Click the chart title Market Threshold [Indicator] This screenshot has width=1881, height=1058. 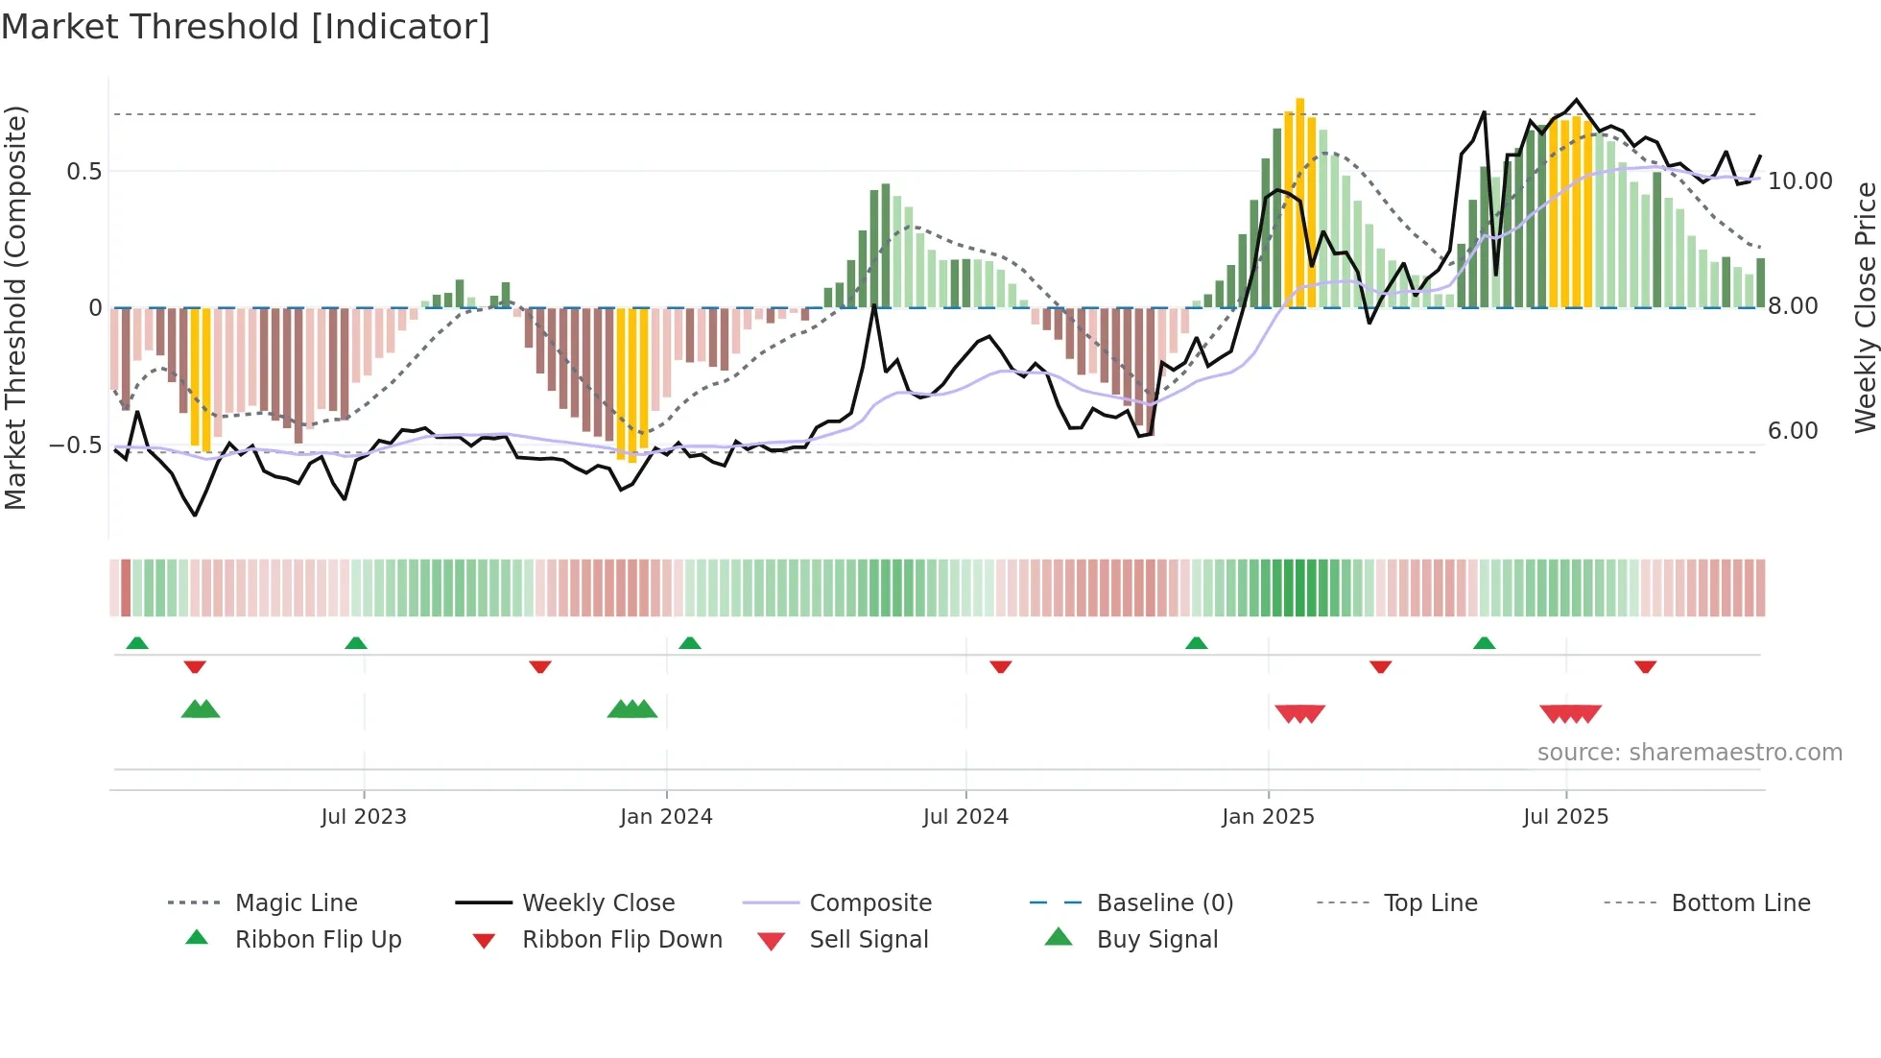246,27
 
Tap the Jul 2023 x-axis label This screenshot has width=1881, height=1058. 364,817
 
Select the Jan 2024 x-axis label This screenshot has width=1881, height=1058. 666,817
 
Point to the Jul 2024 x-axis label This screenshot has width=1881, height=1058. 965,817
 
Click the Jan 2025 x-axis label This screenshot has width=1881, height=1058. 1268,817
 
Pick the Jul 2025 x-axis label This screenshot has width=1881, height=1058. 1565,817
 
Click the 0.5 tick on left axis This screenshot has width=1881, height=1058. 83,172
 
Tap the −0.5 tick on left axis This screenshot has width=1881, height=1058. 76,445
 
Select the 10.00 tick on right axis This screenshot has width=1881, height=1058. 1799,181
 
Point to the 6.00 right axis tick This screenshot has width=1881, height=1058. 1793,431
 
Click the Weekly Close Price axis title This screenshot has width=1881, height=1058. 1865,307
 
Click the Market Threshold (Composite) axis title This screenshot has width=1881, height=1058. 15,307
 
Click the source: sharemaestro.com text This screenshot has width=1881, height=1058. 1689,753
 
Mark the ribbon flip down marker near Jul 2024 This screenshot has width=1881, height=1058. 1001,666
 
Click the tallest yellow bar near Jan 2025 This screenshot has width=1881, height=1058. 1300,202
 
